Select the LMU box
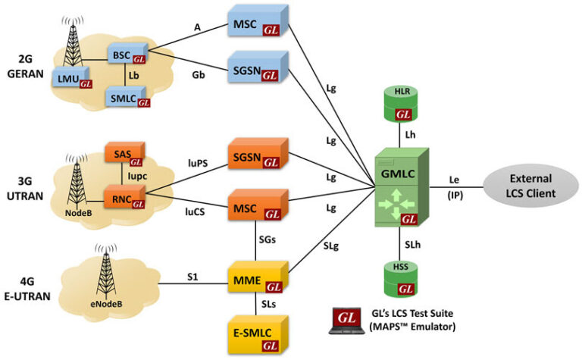(74, 78)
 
